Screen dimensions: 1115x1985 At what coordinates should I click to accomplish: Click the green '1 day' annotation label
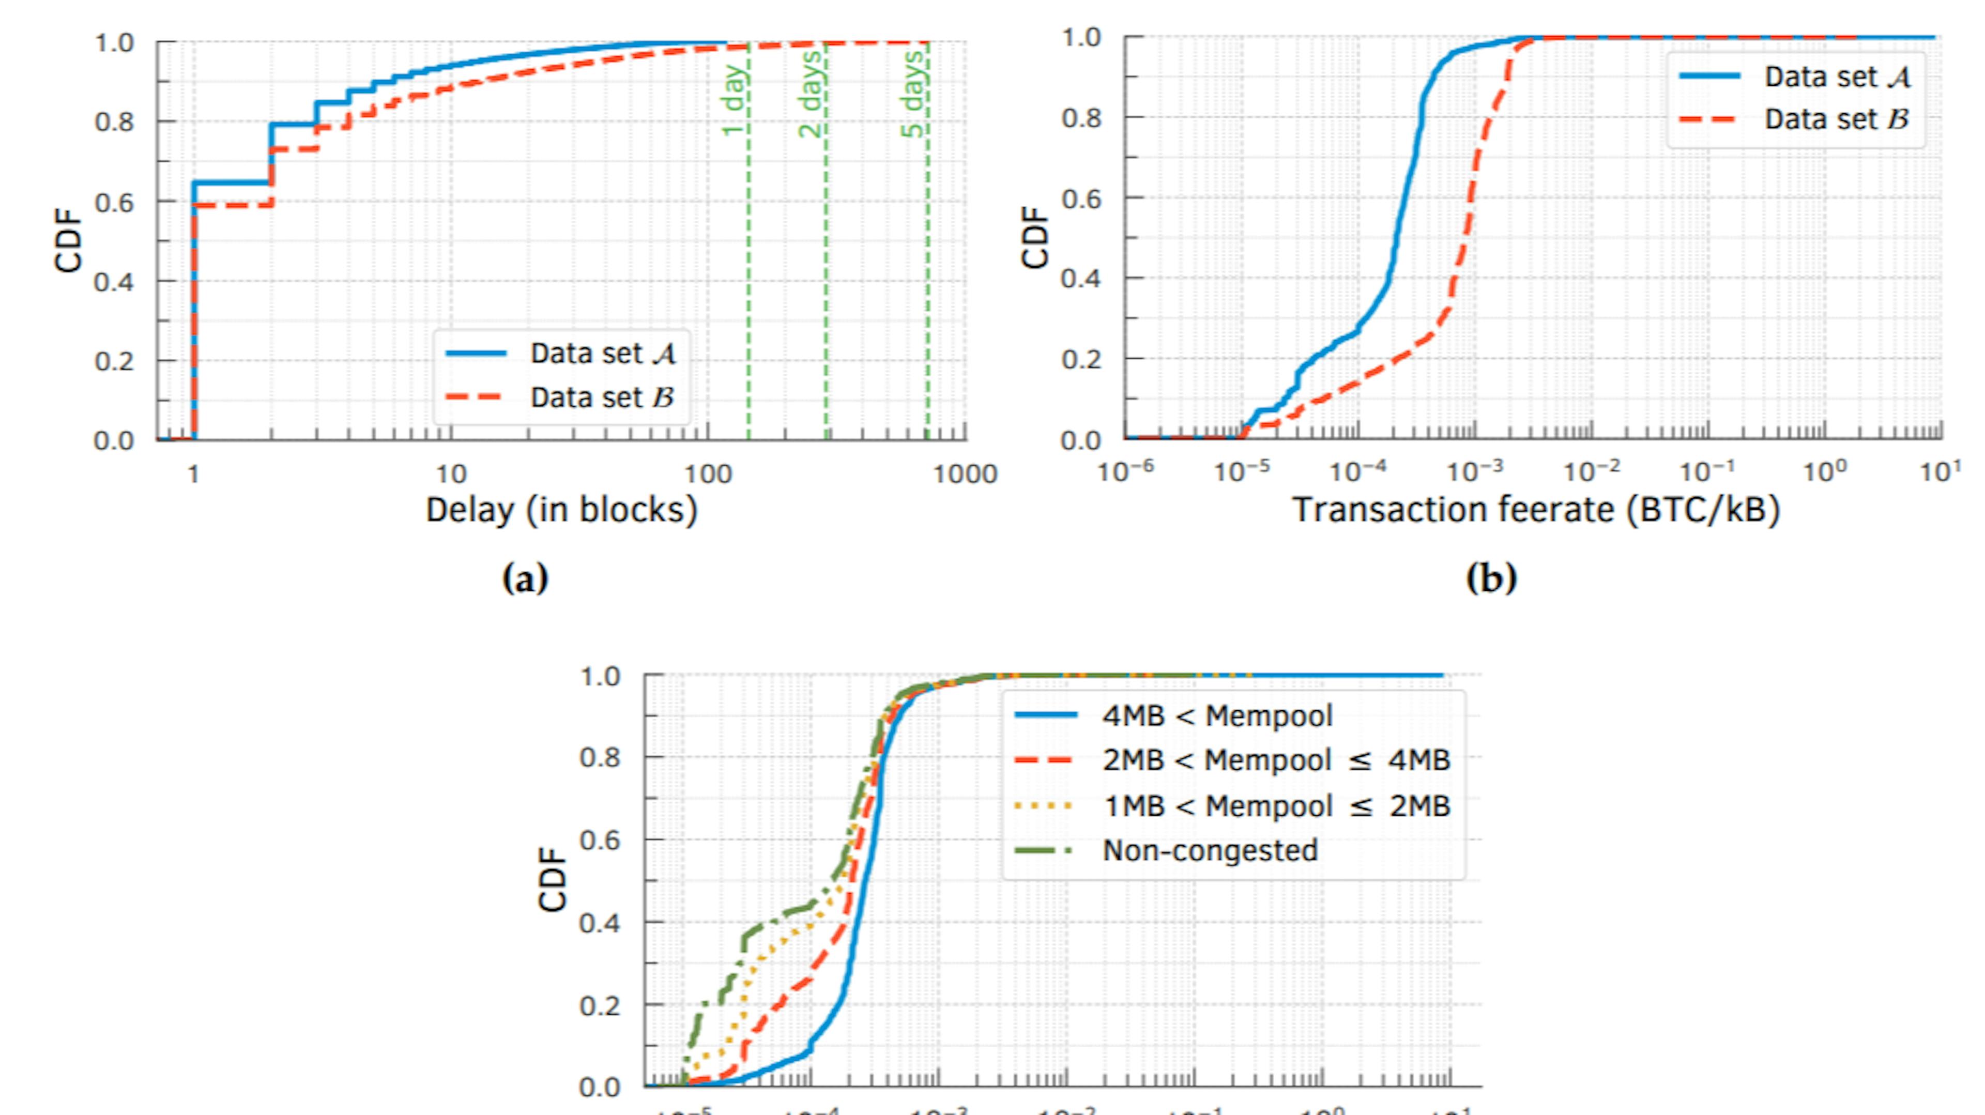click(x=735, y=100)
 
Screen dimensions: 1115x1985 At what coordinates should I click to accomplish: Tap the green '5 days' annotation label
click(x=912, y=95)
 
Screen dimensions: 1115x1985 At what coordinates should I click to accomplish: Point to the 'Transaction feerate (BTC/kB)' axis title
click(x=1536, y=510)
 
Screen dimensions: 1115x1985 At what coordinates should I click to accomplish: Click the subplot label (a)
click(x=525, y=577)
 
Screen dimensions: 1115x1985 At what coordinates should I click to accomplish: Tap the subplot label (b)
click(x=1491, y=577)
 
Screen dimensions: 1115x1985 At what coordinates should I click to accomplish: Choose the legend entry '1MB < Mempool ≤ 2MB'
click(x=1276, y=805)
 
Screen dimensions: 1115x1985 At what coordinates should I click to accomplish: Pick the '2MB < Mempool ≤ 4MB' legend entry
click(x=1276, y=760)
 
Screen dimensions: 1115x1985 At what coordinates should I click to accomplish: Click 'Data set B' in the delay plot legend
click(x=602, y=398)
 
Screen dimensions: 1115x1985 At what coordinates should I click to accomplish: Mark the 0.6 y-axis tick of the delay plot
click(x=114, y=202)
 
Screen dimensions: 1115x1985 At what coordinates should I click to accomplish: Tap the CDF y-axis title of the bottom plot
click(x=552, y=878)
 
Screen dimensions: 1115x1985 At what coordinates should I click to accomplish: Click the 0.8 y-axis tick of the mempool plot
click(x=600, y=757)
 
